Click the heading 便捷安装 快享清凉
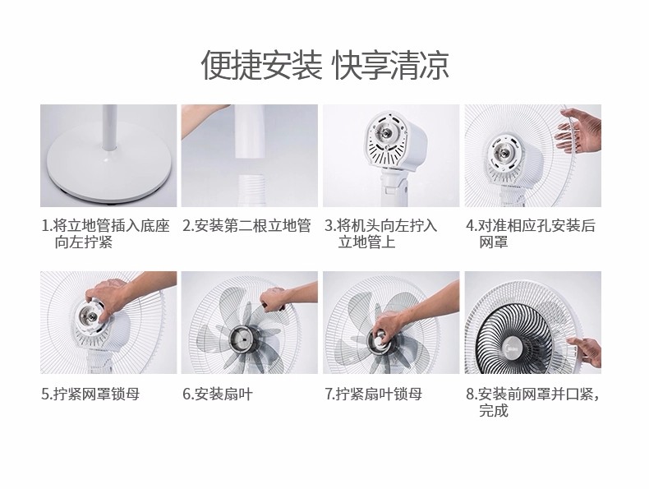click(x=325, y=65)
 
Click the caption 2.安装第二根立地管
click(x=246, y=226)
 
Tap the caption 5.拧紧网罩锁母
click(x=90, y=394)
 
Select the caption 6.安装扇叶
click(x=218, y=394)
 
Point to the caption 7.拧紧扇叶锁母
click(x=373, y=394)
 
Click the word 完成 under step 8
click(x=494, y=410)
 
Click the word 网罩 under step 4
click(x=494, y=242)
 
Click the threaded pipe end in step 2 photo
click(x=249, y=190)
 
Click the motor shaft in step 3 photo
click(x=386, y=133)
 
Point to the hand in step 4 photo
click(x=578, y=131)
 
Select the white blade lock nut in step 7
click(x=380, y=339)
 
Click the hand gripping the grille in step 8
click(x=586, y=350)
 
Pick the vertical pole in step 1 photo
click(x=110, y=128)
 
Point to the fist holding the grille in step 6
click(x=273, y=299)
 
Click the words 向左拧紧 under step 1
click(x=83, y=242)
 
